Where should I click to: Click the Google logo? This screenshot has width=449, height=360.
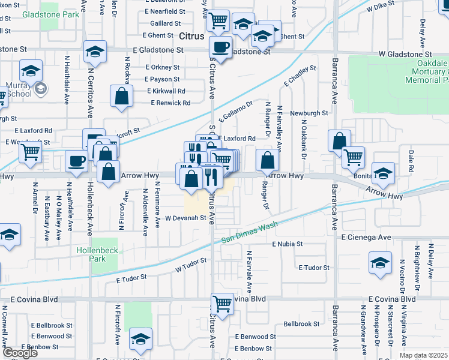(x=20, y=353)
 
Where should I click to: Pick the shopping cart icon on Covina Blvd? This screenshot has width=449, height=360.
(x=222, y=304)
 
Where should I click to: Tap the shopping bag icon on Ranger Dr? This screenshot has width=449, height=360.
(x=268, y=160)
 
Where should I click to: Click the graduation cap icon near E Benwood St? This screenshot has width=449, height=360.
(x=140, y=340)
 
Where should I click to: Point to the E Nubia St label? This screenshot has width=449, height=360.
(x=287, y=245)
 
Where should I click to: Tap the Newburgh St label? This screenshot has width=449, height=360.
(x=310, y=113)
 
